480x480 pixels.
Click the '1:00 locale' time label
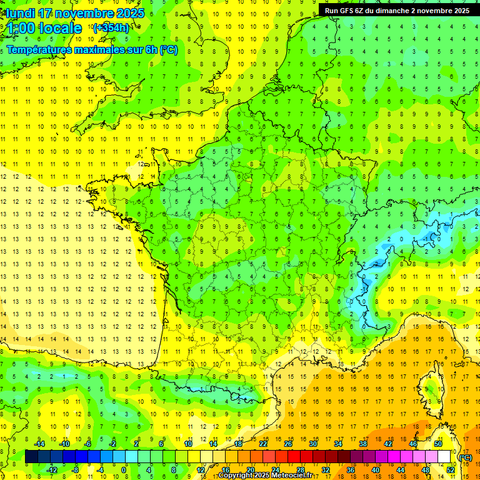45,28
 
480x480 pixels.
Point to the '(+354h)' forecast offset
111,27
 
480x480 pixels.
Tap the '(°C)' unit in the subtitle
168,50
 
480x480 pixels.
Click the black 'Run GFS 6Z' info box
397,10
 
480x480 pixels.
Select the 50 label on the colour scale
437,444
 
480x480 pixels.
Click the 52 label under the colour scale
450,469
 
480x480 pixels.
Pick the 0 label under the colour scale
124,469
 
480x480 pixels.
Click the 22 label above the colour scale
263,444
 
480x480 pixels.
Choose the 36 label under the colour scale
350,469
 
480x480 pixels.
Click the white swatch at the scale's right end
444,457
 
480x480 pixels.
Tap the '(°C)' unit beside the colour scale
465,457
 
